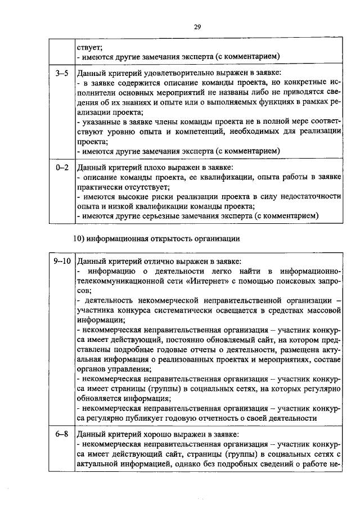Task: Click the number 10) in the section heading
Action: [x=80, y=238]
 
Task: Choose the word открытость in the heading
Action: [x=166, y=238]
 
